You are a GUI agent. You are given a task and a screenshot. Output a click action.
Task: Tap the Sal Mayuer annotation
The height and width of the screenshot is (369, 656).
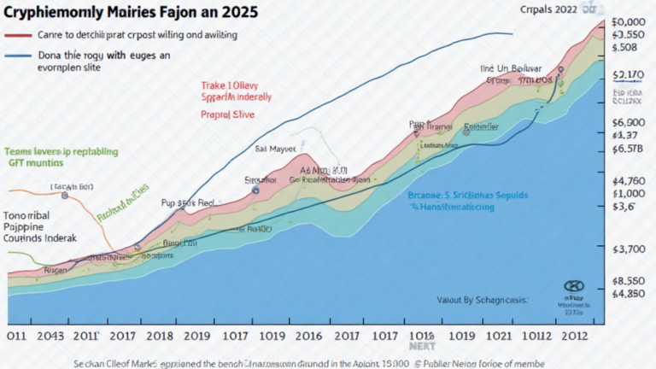[x=275, y=148]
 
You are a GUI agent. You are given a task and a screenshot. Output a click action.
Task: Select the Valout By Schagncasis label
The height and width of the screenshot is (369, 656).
[x=483, y=300]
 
